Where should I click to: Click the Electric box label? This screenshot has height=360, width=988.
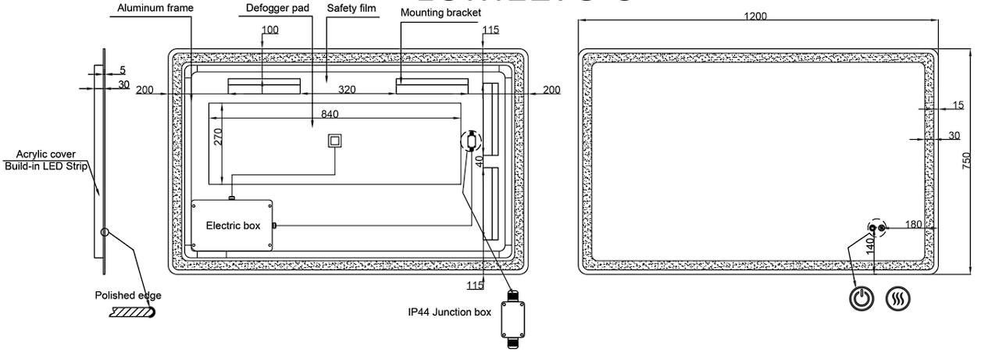[x=233, y=226]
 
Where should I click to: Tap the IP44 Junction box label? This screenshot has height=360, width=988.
[x=449, y=312]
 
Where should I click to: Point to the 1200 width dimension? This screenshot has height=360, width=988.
[x=755, y=16]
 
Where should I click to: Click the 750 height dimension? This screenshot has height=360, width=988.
[x=966, y=161]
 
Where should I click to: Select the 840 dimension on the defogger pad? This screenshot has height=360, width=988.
[x=330, y=114]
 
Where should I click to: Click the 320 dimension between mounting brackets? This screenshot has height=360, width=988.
[x=347, y=90]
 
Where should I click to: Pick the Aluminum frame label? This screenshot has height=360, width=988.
[x=155, y=9]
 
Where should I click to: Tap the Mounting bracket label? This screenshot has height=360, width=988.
[x=440, y=13]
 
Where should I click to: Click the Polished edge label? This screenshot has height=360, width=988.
[x=128, y=295]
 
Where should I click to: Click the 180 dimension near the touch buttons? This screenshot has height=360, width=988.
[x=913, y=224]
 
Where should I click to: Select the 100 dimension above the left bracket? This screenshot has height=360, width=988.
[x=269, y=30]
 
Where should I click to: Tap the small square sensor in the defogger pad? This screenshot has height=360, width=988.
[x=334, y=141]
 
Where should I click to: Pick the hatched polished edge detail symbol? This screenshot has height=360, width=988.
[x=134, y=312]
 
